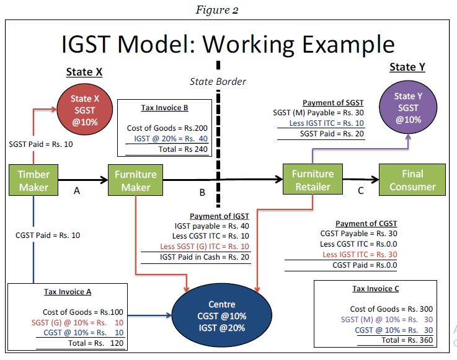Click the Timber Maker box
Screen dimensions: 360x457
click(x=34, y=180)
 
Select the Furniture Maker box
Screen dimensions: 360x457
click(x=136, y=180)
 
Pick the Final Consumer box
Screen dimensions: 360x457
click(x=412, y=180)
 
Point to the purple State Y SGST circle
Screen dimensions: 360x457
click(x=408, y=107)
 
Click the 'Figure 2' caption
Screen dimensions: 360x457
click(x=216, y=10)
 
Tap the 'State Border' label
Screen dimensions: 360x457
click(x=218, y=82)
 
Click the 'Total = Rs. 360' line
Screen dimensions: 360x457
click(x=407, y=340)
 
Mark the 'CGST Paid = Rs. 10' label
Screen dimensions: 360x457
click(x=47, y=235)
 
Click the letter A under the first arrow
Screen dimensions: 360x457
click(x=77, y=191)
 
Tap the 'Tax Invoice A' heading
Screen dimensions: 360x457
click(x=68, y=291)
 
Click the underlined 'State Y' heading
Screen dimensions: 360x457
click(x=407, y=67)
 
